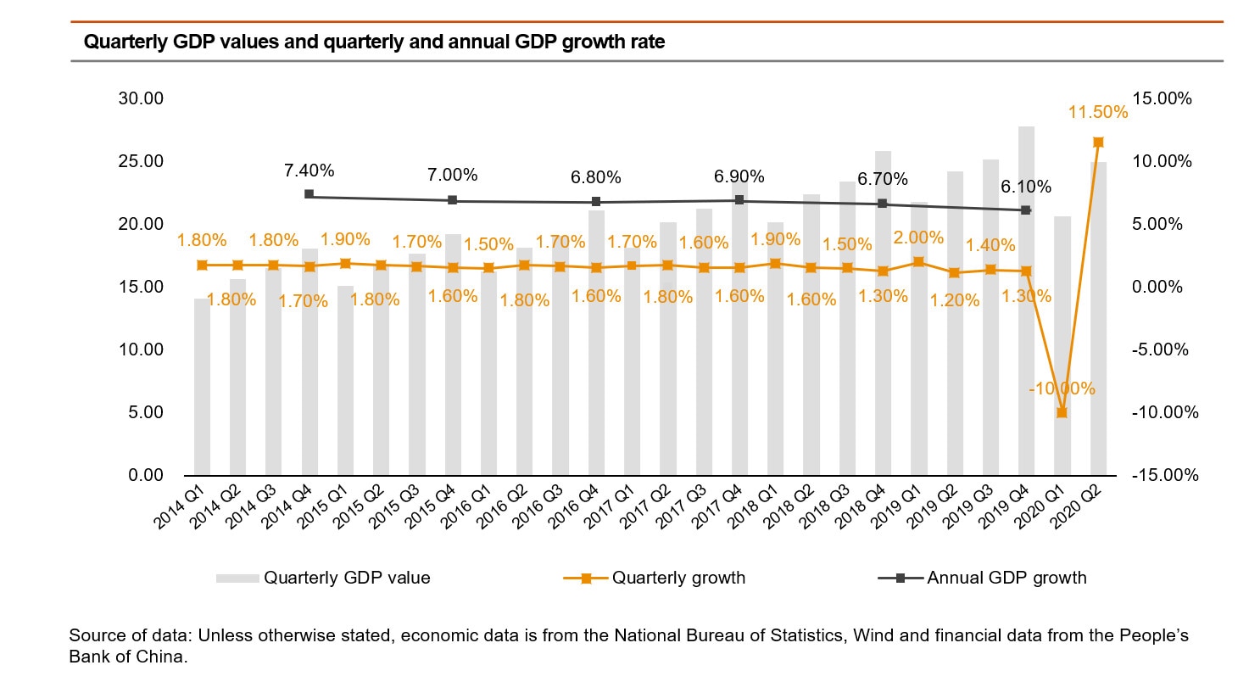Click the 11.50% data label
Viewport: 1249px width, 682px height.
1098,112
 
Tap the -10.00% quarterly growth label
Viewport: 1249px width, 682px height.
1062,389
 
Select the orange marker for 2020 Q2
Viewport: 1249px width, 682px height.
1098,142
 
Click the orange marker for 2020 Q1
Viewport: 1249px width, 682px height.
1062,412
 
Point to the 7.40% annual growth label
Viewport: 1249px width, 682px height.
309,170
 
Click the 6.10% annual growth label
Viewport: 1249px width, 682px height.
1026,186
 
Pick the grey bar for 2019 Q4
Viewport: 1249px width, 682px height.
1026,339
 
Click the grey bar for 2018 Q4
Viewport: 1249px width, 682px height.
883,339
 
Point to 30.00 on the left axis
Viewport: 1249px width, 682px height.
140,98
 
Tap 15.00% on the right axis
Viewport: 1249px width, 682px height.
1163,98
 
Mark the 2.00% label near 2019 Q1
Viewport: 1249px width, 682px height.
919,238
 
